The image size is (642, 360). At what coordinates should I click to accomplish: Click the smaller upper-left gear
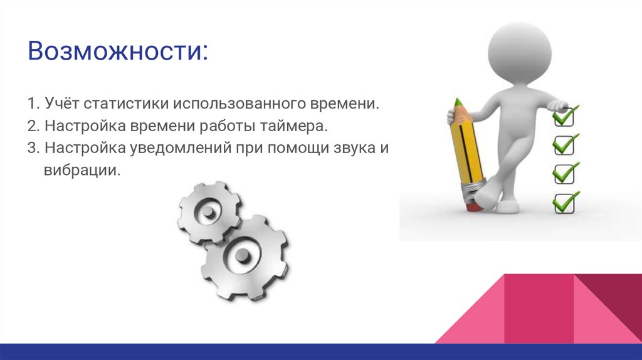[207, 214]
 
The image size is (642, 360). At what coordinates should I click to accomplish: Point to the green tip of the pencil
[458, 103]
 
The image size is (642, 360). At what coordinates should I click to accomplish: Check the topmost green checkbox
[564, 117]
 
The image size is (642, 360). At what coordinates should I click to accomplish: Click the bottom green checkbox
[564, 202]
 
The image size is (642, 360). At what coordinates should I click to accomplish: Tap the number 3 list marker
[31, 149]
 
